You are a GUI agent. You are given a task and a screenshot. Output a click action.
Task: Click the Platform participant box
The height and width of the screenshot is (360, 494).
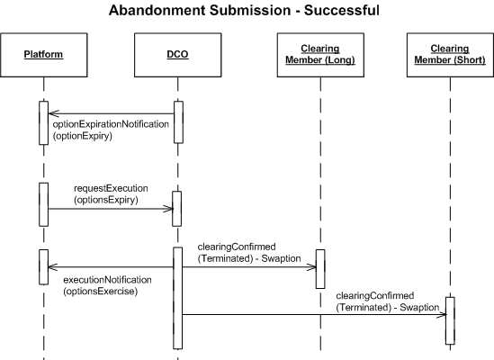(x=44, y=55)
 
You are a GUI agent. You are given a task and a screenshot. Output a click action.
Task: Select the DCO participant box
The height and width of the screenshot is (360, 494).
(x=177, y=55)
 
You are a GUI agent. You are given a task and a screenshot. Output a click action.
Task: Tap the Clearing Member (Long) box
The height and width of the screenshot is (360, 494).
(x=320, y=55)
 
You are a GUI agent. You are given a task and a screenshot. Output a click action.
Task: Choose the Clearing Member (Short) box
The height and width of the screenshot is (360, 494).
(x=450, y=55)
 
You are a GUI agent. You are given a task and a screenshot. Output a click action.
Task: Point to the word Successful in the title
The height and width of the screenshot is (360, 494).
(x=342, y=10)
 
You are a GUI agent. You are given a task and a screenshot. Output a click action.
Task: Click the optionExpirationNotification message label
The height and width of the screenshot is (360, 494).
(x=111, y=124)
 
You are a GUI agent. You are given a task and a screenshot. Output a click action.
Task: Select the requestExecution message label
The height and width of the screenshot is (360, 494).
(x=111, y=188)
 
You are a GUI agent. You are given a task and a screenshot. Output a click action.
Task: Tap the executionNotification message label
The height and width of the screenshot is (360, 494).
(x=107, y=280)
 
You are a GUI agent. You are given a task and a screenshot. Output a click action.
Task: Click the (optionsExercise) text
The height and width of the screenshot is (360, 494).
(x=101, y=291)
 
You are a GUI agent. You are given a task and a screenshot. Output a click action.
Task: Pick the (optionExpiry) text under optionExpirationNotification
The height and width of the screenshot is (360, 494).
(x=83, y=136)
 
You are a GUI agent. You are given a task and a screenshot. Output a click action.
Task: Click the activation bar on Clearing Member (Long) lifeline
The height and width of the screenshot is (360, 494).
(x=320, y=269)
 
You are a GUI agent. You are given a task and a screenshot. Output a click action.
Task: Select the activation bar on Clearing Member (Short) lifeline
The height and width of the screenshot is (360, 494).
(x=450, y=320)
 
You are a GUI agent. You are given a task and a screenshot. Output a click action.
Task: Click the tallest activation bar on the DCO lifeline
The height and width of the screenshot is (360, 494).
(x=177, y=298)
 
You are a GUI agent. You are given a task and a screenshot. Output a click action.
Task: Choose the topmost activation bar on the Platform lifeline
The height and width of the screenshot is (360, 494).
(x=44, y=123)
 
